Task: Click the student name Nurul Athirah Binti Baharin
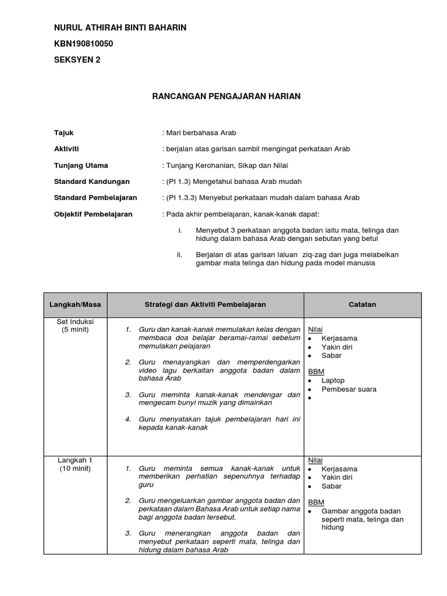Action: pos(120,28)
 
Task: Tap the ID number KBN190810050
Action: pos(83,44)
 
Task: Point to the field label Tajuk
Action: pos(63,133)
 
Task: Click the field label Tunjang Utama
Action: pos(81,165)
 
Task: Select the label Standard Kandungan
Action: pos(91,182)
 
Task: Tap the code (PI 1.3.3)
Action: pos(183,198)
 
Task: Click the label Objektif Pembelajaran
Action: pos(93,214)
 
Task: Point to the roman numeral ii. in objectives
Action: pos(179,255)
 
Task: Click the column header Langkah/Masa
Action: pos(75,304)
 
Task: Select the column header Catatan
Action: pos(362,304)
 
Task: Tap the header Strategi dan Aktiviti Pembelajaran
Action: pos(205,304)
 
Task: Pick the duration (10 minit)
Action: pos(75,469)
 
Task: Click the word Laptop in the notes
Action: pos(333,381)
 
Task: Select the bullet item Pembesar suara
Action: pos(349,389)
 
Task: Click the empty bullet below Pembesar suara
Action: pos(311,398)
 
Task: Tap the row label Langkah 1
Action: pos(75,460)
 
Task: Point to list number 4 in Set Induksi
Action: pos(128,418)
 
